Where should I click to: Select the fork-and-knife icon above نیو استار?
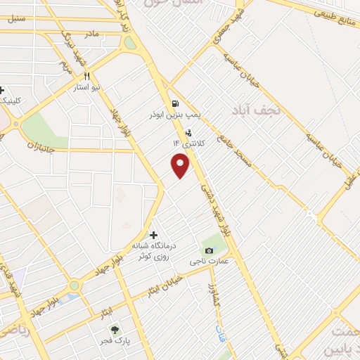(x=87, y=77)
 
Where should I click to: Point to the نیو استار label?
(x=88, y=88)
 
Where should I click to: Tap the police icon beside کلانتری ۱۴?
(x=188, y=133)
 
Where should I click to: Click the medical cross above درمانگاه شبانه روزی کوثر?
(x=153, y=235)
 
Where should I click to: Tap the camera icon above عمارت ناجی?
(x=208, y=251)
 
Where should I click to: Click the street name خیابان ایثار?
(x=164, y=285)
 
